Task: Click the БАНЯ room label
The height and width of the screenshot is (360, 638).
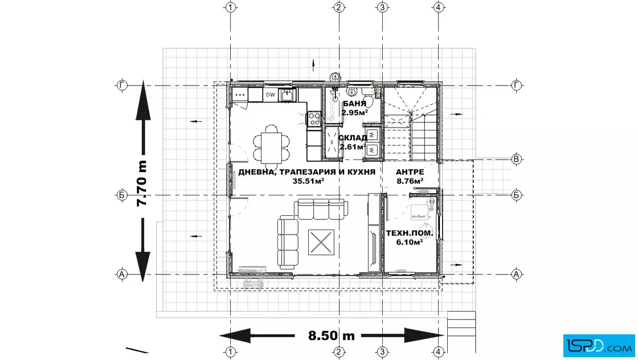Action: (354, 104)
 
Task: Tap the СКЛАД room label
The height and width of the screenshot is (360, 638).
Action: (353, 138)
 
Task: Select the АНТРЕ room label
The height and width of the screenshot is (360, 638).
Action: (410, 172)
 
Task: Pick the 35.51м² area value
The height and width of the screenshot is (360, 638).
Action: (308, 181)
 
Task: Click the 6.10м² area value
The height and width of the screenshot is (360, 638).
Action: (410, 242)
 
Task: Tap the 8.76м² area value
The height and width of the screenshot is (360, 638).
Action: (410, 181)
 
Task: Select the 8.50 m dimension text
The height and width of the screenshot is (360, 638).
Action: (331, 336)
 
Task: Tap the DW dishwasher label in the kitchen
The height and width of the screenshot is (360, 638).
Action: (271, 95)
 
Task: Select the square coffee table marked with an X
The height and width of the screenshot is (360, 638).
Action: (321, 243)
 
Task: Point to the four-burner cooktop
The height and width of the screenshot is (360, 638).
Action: (314, 119)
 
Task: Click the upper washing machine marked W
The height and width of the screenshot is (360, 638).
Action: (373, 134)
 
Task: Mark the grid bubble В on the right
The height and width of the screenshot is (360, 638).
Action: (516, 159)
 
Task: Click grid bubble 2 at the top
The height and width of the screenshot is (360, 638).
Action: (340, 7)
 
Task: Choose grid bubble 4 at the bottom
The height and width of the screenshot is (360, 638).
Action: (438, 352)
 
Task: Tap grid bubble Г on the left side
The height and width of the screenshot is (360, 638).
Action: (122, 85)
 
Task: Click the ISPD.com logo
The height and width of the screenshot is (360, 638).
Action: (599, 346)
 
